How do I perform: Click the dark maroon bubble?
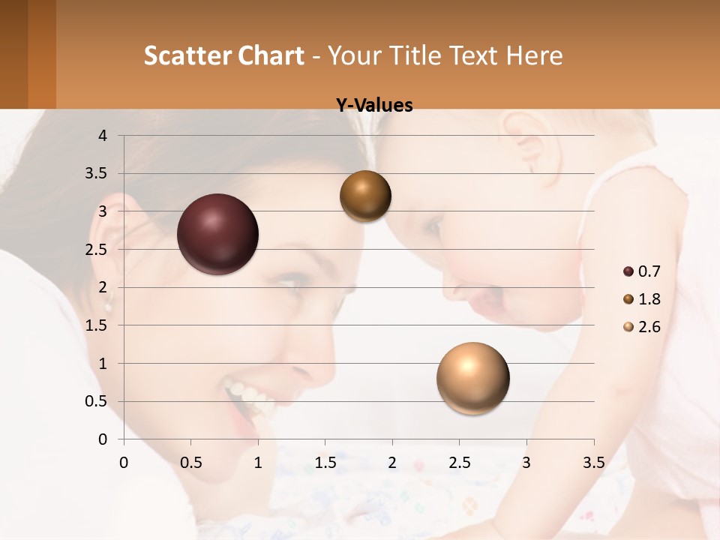(x=217, y=234)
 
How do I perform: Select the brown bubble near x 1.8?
(x=365, y=196)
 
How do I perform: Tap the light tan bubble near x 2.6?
(x=472, y=378)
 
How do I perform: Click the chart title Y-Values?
(x=373, y=106)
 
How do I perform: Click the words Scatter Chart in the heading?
(x=223, y=55)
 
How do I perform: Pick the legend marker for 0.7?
(x=628, y=271)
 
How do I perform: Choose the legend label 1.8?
(x=649, y=299)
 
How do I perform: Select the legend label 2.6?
(x=649, y=327)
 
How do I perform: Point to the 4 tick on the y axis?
(x=103, y=136)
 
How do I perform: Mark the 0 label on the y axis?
(x=103, y=439)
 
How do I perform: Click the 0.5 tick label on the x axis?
(x=190, y=463)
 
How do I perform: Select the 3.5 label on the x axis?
(x=593, y=463)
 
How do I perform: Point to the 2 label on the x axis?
(x=392, y=463)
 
